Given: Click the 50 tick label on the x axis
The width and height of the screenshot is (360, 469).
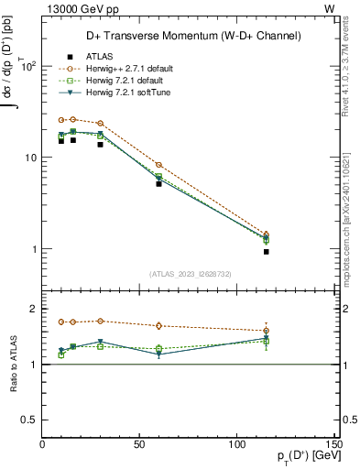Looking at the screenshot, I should (140, 443).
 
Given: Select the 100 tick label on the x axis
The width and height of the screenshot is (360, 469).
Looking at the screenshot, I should (237, 443).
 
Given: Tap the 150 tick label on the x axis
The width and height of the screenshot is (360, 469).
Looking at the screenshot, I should (333, 443).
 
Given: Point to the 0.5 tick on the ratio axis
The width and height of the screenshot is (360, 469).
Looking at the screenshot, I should (29, 420).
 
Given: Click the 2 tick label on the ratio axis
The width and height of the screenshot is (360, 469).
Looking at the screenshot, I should (34, 309).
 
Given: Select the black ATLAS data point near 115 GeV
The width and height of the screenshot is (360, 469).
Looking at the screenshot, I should (266, 251).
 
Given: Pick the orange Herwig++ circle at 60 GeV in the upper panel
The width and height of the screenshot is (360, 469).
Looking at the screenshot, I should (158, 165).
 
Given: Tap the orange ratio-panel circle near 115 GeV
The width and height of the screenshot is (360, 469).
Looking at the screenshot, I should (266, 331).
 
